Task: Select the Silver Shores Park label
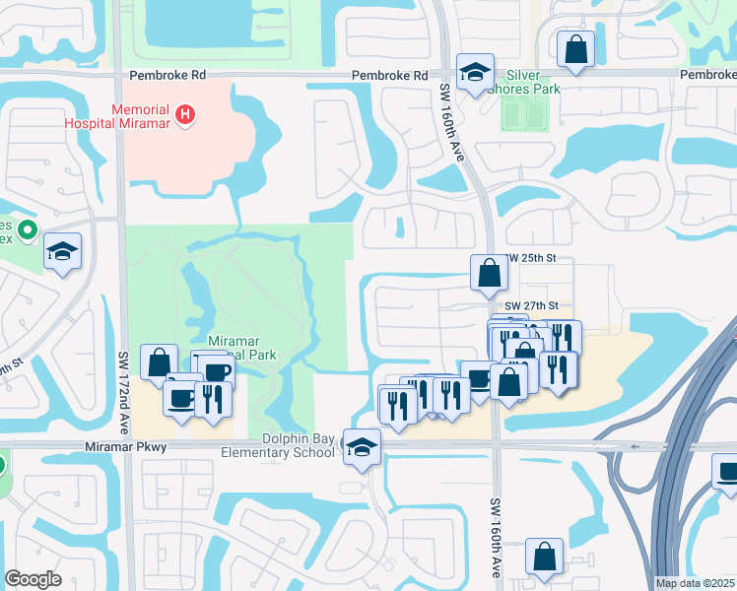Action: point(532,83)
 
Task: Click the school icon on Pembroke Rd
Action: point(475,71)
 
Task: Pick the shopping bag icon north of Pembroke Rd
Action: point(575,48)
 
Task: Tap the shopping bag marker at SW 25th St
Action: point(489,273)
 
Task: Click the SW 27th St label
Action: point(531,306)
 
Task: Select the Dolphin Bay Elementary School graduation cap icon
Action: point(362,447)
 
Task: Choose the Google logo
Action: point(33,578)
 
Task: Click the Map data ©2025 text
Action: point(694,583)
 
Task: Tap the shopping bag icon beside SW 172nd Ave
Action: point(159,362)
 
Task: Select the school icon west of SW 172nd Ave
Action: point(63,252)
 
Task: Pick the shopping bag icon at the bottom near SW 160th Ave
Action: point(544,557)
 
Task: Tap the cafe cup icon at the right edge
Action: point(727,472)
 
